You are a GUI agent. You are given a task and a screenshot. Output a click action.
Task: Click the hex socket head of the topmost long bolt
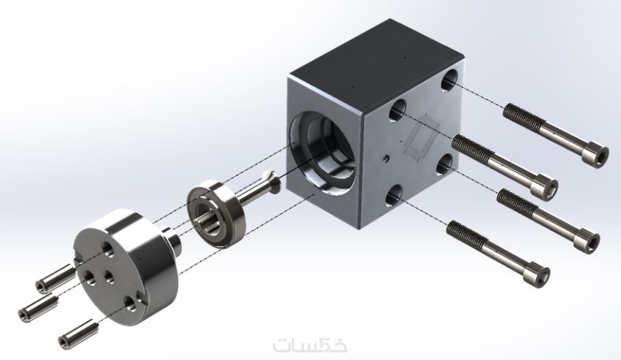[x=598, y=156]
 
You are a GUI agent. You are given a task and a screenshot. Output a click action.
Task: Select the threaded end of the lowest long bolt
[x=466, y=234]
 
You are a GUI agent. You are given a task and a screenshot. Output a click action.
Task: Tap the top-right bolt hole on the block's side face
[x=450, y=80]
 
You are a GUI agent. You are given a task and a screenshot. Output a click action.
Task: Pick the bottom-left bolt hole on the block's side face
[x=395, y=196]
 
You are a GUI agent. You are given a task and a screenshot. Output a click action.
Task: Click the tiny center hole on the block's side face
[x=385, y=158]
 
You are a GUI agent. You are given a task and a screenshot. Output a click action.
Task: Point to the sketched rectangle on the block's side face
[x=421, y=137]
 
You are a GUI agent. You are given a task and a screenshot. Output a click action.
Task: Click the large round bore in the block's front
[x=323, y=153]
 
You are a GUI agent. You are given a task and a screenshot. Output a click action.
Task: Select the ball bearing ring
[x=216, y=214]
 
